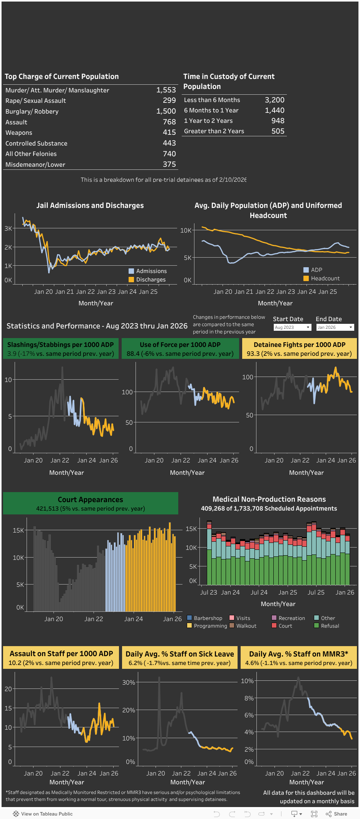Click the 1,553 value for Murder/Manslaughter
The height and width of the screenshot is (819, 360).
click(x=166, y=90)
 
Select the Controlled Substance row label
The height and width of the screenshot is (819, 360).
click(x=36, y=143)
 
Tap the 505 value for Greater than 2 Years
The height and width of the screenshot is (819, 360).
click(x=278, y=131)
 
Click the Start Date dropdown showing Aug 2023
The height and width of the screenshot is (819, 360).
click(x=292, y=327)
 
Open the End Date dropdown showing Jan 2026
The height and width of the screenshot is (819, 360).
click(x=335, y=327)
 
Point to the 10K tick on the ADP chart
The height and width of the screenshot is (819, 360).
click(x=186, y=230)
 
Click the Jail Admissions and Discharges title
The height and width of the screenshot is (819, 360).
click(x=90, y=205)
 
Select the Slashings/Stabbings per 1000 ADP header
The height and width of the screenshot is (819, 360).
click(x=60, y=345)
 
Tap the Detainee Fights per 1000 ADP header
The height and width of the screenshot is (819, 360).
click(x=300, y=345)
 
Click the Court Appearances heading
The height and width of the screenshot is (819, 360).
click(x=90, y=499)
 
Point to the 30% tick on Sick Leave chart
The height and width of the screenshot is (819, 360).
click(x=129, y=682)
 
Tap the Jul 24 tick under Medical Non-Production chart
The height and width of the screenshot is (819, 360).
click(x=259, y=592)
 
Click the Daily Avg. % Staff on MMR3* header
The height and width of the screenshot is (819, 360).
click(x=299, y=654)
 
